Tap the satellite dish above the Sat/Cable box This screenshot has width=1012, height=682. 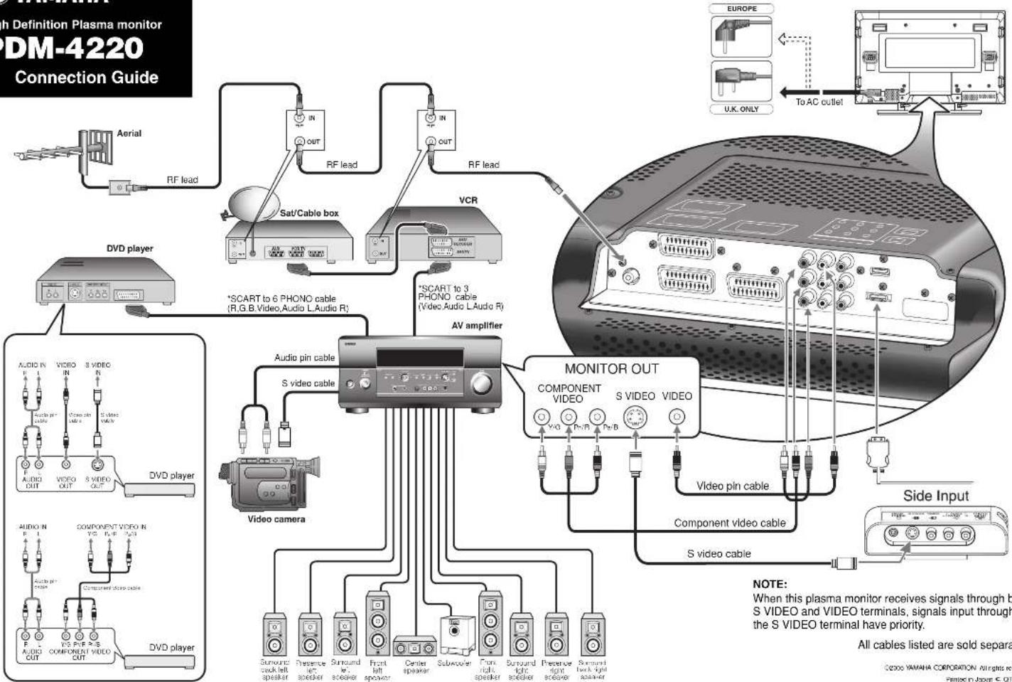tap(249, 201)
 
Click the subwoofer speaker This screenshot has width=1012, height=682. tap(452, 635)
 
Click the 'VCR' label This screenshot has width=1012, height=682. tap(468, 200)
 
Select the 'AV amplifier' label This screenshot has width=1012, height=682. tap(476, 326)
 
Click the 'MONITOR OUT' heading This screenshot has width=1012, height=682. tap(611, 368)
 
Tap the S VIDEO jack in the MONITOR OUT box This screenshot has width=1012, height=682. tap(635, 417)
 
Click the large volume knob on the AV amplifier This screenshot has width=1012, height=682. tap(480, 384)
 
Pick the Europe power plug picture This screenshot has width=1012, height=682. tap(741, 36)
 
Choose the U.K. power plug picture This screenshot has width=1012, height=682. tap(741, 81)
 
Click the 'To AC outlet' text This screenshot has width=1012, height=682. tap(819, 102)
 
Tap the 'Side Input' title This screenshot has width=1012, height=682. tap(935, 496)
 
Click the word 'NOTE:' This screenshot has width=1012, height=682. tap(770, 584)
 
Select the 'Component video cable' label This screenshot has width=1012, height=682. tap(729, 523)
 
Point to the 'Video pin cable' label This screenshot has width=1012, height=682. tap(732, 486)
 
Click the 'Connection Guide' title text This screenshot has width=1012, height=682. tap(86, 78)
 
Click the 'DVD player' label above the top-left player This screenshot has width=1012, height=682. tap(129, 248)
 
